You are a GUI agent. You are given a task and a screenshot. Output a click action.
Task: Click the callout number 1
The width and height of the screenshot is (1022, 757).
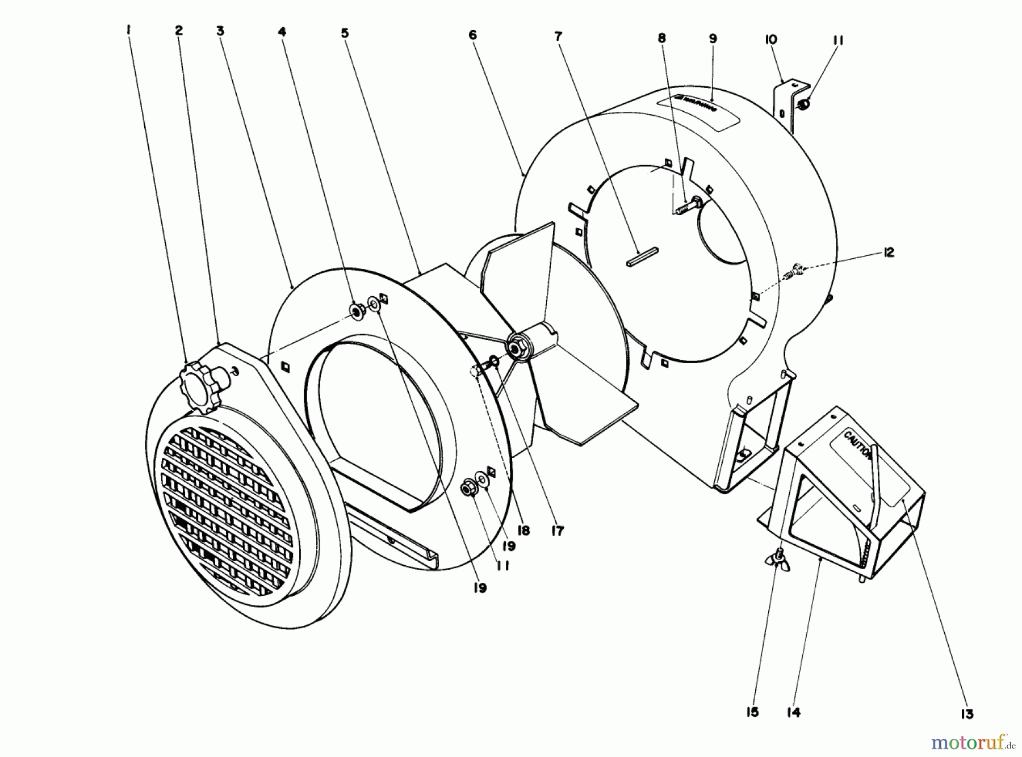[x=129, y=29]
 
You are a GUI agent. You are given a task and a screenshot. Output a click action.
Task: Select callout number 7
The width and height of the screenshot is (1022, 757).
[x=558, y=36]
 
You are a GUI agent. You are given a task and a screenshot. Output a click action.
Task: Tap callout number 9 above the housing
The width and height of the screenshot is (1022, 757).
[x=713, y=39]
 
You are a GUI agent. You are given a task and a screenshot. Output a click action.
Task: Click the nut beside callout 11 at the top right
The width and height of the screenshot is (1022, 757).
[x=803, y=104]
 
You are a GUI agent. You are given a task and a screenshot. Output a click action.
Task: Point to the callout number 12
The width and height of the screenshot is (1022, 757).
[x=889, y=252]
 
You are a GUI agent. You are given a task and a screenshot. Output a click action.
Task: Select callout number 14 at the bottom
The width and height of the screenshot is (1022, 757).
[x=794, y=713]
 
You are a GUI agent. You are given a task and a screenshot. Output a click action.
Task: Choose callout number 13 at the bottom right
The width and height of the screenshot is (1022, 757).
[x=967, y=714]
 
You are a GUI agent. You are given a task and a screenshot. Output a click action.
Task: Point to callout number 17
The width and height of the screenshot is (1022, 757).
[x=558, y=531]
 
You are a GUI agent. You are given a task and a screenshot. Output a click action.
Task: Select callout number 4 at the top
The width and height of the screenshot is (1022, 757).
[x=282, y=32]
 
